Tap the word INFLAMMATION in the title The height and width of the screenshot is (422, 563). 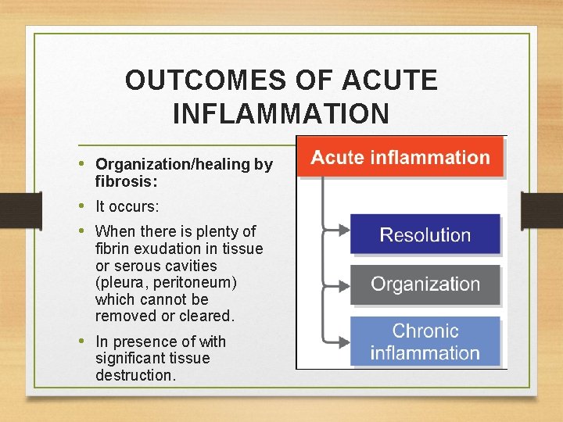(281, 114)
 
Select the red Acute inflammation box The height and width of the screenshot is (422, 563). (400, 158)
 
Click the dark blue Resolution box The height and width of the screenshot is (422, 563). (425, 234)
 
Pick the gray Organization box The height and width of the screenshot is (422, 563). (425, 284)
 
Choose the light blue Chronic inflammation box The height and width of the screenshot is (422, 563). (425, 342)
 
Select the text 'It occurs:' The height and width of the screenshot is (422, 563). (127, 207)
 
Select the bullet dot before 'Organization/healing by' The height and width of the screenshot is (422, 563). (83, 164)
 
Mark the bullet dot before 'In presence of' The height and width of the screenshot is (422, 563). (83, 342)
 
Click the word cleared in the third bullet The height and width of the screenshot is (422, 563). (207, 316)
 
